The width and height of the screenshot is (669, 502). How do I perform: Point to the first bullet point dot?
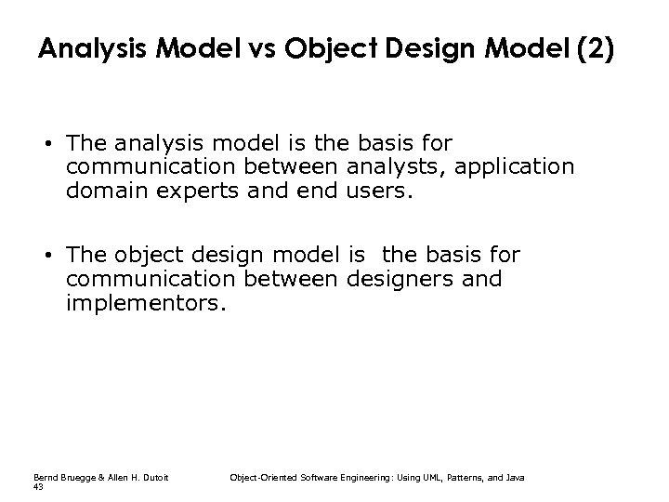point(46,146)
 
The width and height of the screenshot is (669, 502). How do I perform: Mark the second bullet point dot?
point(46,255)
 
